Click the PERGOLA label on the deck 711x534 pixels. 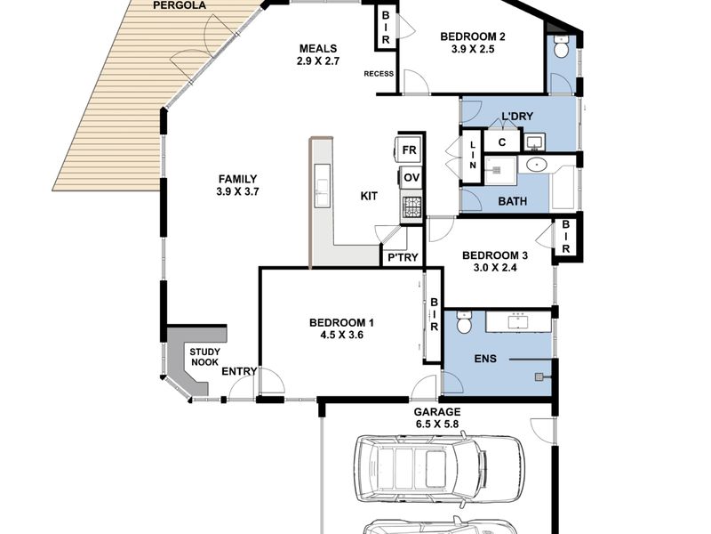coord(180,5)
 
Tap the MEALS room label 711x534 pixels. coord(318,48)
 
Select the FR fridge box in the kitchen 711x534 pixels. coord(410,150)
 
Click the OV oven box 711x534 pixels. coord(411,177)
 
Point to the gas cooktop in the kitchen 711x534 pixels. coord(412,207)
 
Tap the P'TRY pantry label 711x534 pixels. coord(403,257)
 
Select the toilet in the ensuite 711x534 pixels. coord(464,322)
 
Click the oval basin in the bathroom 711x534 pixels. coord(539,165)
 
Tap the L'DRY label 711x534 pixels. coord(517,117)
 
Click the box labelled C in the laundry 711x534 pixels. coord(502,142)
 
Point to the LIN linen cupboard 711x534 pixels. coord(472,156)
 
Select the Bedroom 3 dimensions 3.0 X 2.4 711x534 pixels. coord(495,268)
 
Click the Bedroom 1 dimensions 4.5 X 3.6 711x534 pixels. coord(341,336)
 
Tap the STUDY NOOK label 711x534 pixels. coord(204,357)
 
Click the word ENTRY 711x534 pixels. coord(239,371)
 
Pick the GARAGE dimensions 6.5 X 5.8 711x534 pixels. coord(437,425)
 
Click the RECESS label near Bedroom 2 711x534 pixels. coord(379,74)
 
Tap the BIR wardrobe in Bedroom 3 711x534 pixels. coord(566,237)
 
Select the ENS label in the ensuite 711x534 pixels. coord(485,359)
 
